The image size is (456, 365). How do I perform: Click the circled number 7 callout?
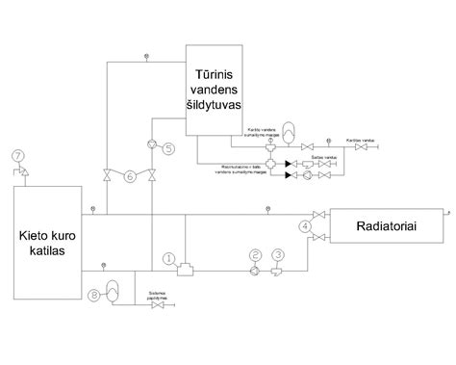[x=17, y=155]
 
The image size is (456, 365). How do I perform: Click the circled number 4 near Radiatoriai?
[x=304, y=226]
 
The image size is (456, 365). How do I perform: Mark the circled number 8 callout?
[x=94, y=295]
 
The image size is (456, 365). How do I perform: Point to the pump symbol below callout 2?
[x=255, y=271]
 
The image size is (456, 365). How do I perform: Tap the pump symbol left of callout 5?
[x=151, y=146]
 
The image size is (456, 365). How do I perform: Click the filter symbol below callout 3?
[x=279, y=271]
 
